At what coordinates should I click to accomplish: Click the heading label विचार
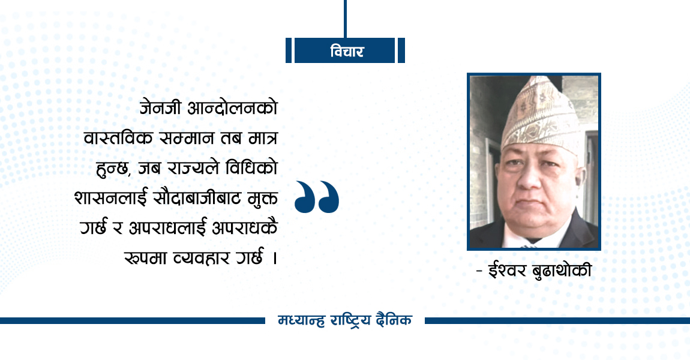click(346, 52)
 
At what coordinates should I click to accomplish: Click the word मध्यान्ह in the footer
click(301, 320)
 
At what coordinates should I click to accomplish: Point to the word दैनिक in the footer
click(392, 320)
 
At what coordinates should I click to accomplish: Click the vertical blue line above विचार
click(346, 18)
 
